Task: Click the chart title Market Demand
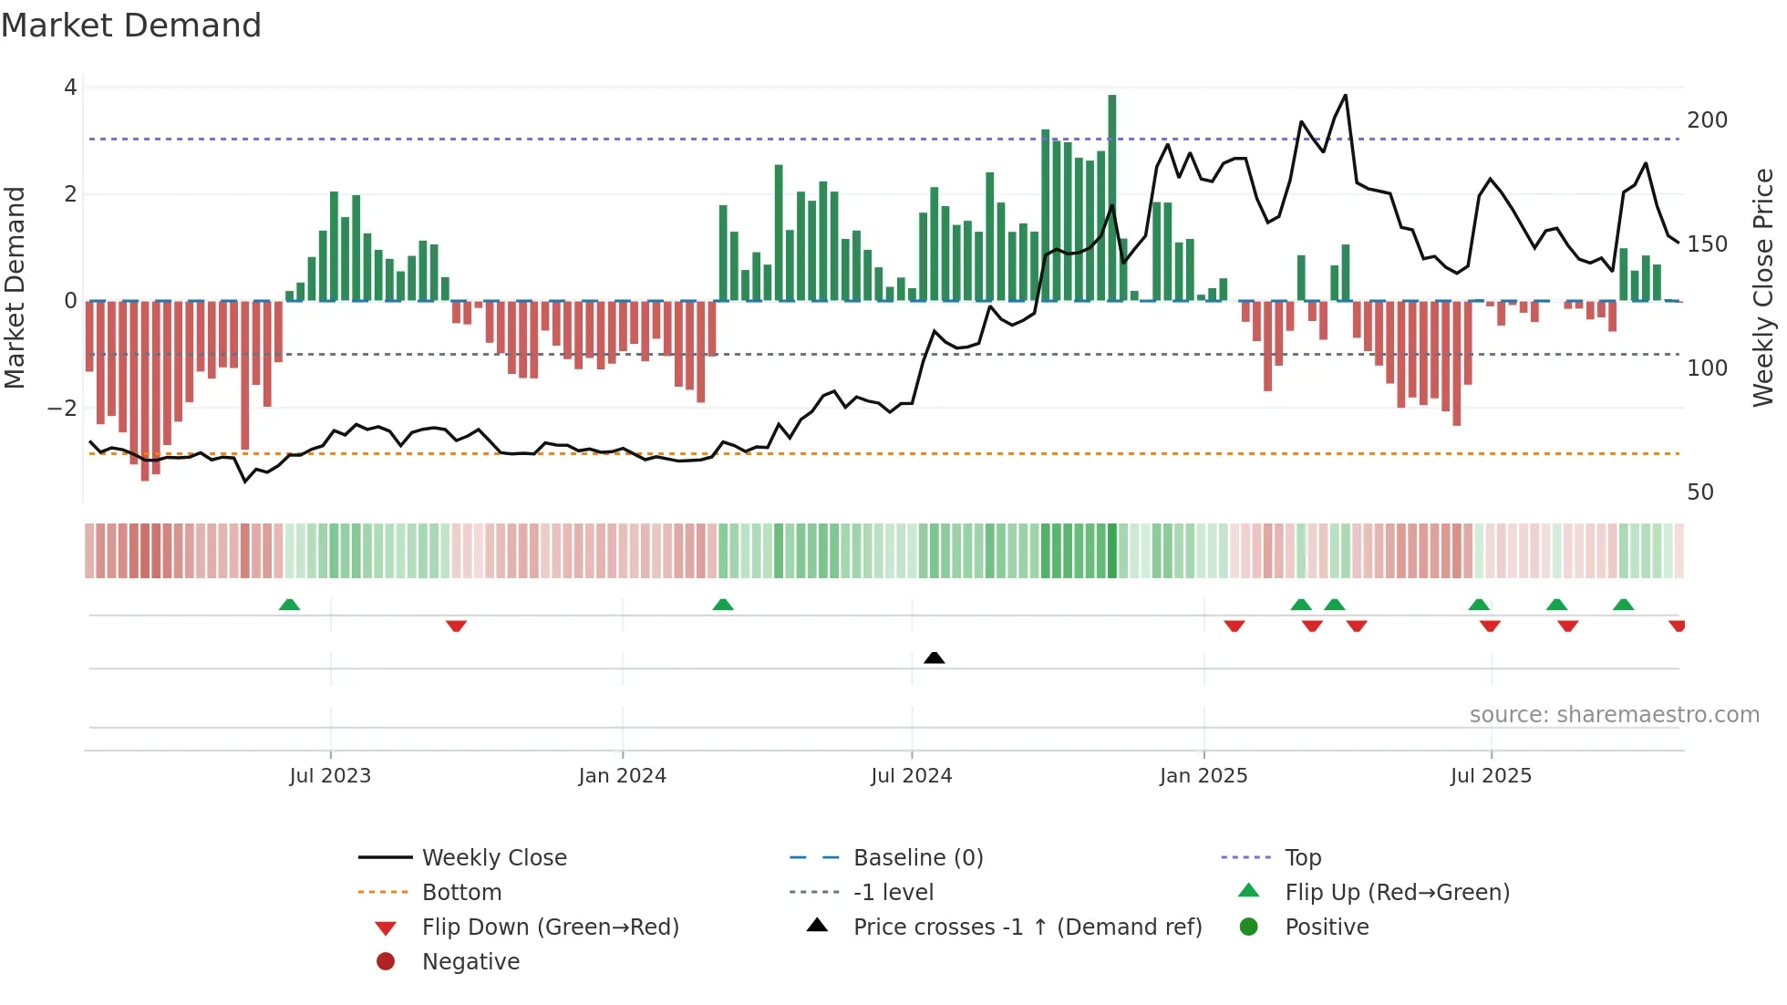(131, 26)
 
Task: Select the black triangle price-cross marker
(934, 658)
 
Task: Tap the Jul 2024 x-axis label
(911, 776)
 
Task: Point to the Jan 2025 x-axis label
(1203, 776)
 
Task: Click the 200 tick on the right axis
(1707, 120)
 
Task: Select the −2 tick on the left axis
(63, 408)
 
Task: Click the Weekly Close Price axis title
(1763, 287)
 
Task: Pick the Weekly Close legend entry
(493, 858)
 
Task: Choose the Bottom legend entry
(461, 893)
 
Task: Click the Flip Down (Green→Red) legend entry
(550, 927)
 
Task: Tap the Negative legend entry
(470, 962)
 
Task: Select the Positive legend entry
(1327, 927)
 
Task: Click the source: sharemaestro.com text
(1614, 715)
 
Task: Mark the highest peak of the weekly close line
(1345, 96)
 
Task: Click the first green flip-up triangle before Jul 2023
(289, 605)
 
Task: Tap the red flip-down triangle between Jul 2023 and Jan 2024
(456, 626)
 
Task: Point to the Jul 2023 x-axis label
(330, 776)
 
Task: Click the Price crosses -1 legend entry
(1028, 927)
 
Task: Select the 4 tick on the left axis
(70, 88)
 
